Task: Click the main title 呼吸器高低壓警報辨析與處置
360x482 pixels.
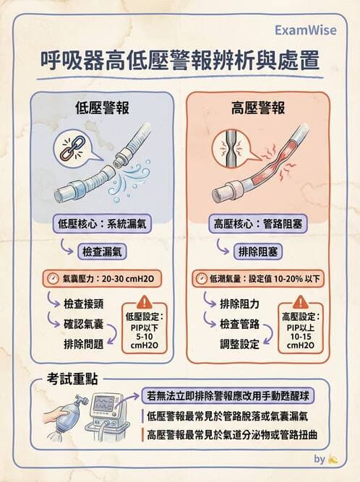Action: (x=179, y=61)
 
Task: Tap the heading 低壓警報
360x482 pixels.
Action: (x=102, y=109)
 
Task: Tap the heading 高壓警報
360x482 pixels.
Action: (x=258, y=109)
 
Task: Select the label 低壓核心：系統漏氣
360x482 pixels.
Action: (x=102, y=224)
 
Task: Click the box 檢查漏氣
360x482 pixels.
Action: (x=103, y=251)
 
